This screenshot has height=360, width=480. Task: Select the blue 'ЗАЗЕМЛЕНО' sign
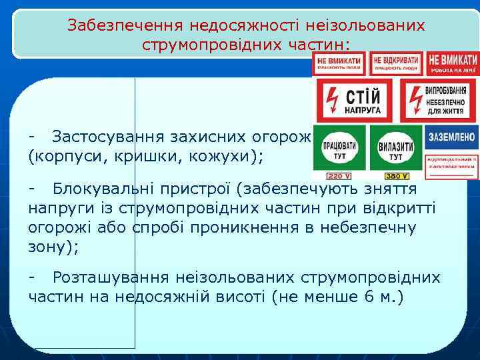point(452,137)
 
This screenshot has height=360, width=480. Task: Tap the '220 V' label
point(339,176)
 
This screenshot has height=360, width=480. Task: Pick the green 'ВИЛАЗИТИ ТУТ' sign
point(396,148)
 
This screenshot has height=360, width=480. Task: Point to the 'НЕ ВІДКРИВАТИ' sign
point(397,63)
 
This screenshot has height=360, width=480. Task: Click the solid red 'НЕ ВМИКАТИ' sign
point(453,63)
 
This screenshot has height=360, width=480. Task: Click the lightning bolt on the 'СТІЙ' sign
point(330,101)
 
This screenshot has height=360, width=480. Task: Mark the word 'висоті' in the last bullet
point(241,295)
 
